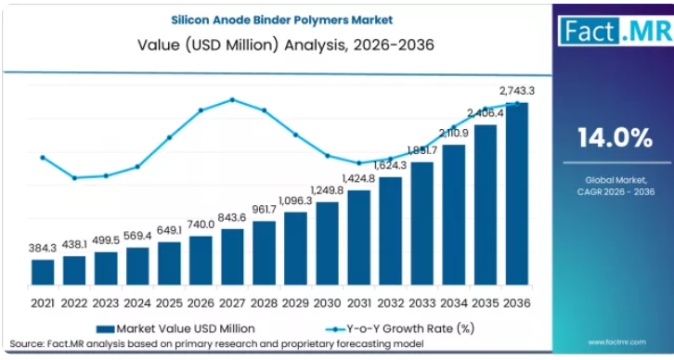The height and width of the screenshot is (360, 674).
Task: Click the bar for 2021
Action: (x=43, y=272)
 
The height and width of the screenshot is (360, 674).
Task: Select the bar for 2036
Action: (x=517, y=194)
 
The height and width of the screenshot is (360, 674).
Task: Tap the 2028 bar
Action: (x=264, y=252)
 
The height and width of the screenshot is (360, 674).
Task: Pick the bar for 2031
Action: (x=359, y=238)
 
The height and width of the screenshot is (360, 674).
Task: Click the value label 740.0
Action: (x=201, y=225)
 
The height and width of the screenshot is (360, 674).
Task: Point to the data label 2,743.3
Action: (x=517, y=91)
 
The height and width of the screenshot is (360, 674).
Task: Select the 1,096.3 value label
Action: (x=295, y=200)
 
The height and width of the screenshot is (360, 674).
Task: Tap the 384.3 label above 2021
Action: (x=43, y=248)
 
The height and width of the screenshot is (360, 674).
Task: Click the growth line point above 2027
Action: (x=232, y=99)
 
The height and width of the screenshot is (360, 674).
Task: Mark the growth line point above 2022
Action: (x=74, y=178)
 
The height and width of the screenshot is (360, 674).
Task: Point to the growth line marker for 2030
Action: (x=328, y=156)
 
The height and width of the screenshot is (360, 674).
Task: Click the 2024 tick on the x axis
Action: (x=137, y=303)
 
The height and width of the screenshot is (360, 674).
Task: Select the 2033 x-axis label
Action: (x=422, y=303)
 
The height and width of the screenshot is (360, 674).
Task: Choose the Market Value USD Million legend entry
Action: (x=175, y=329)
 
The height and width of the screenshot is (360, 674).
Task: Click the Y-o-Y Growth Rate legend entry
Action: (x=400, y=329)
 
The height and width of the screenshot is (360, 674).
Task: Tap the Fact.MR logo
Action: (x=616, y=31)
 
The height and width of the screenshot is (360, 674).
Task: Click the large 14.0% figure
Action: (x=616, y=138)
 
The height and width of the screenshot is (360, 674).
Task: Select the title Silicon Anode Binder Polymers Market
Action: (x=282, y=20)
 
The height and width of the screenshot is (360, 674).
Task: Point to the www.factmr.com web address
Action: (x=616, y=342)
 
